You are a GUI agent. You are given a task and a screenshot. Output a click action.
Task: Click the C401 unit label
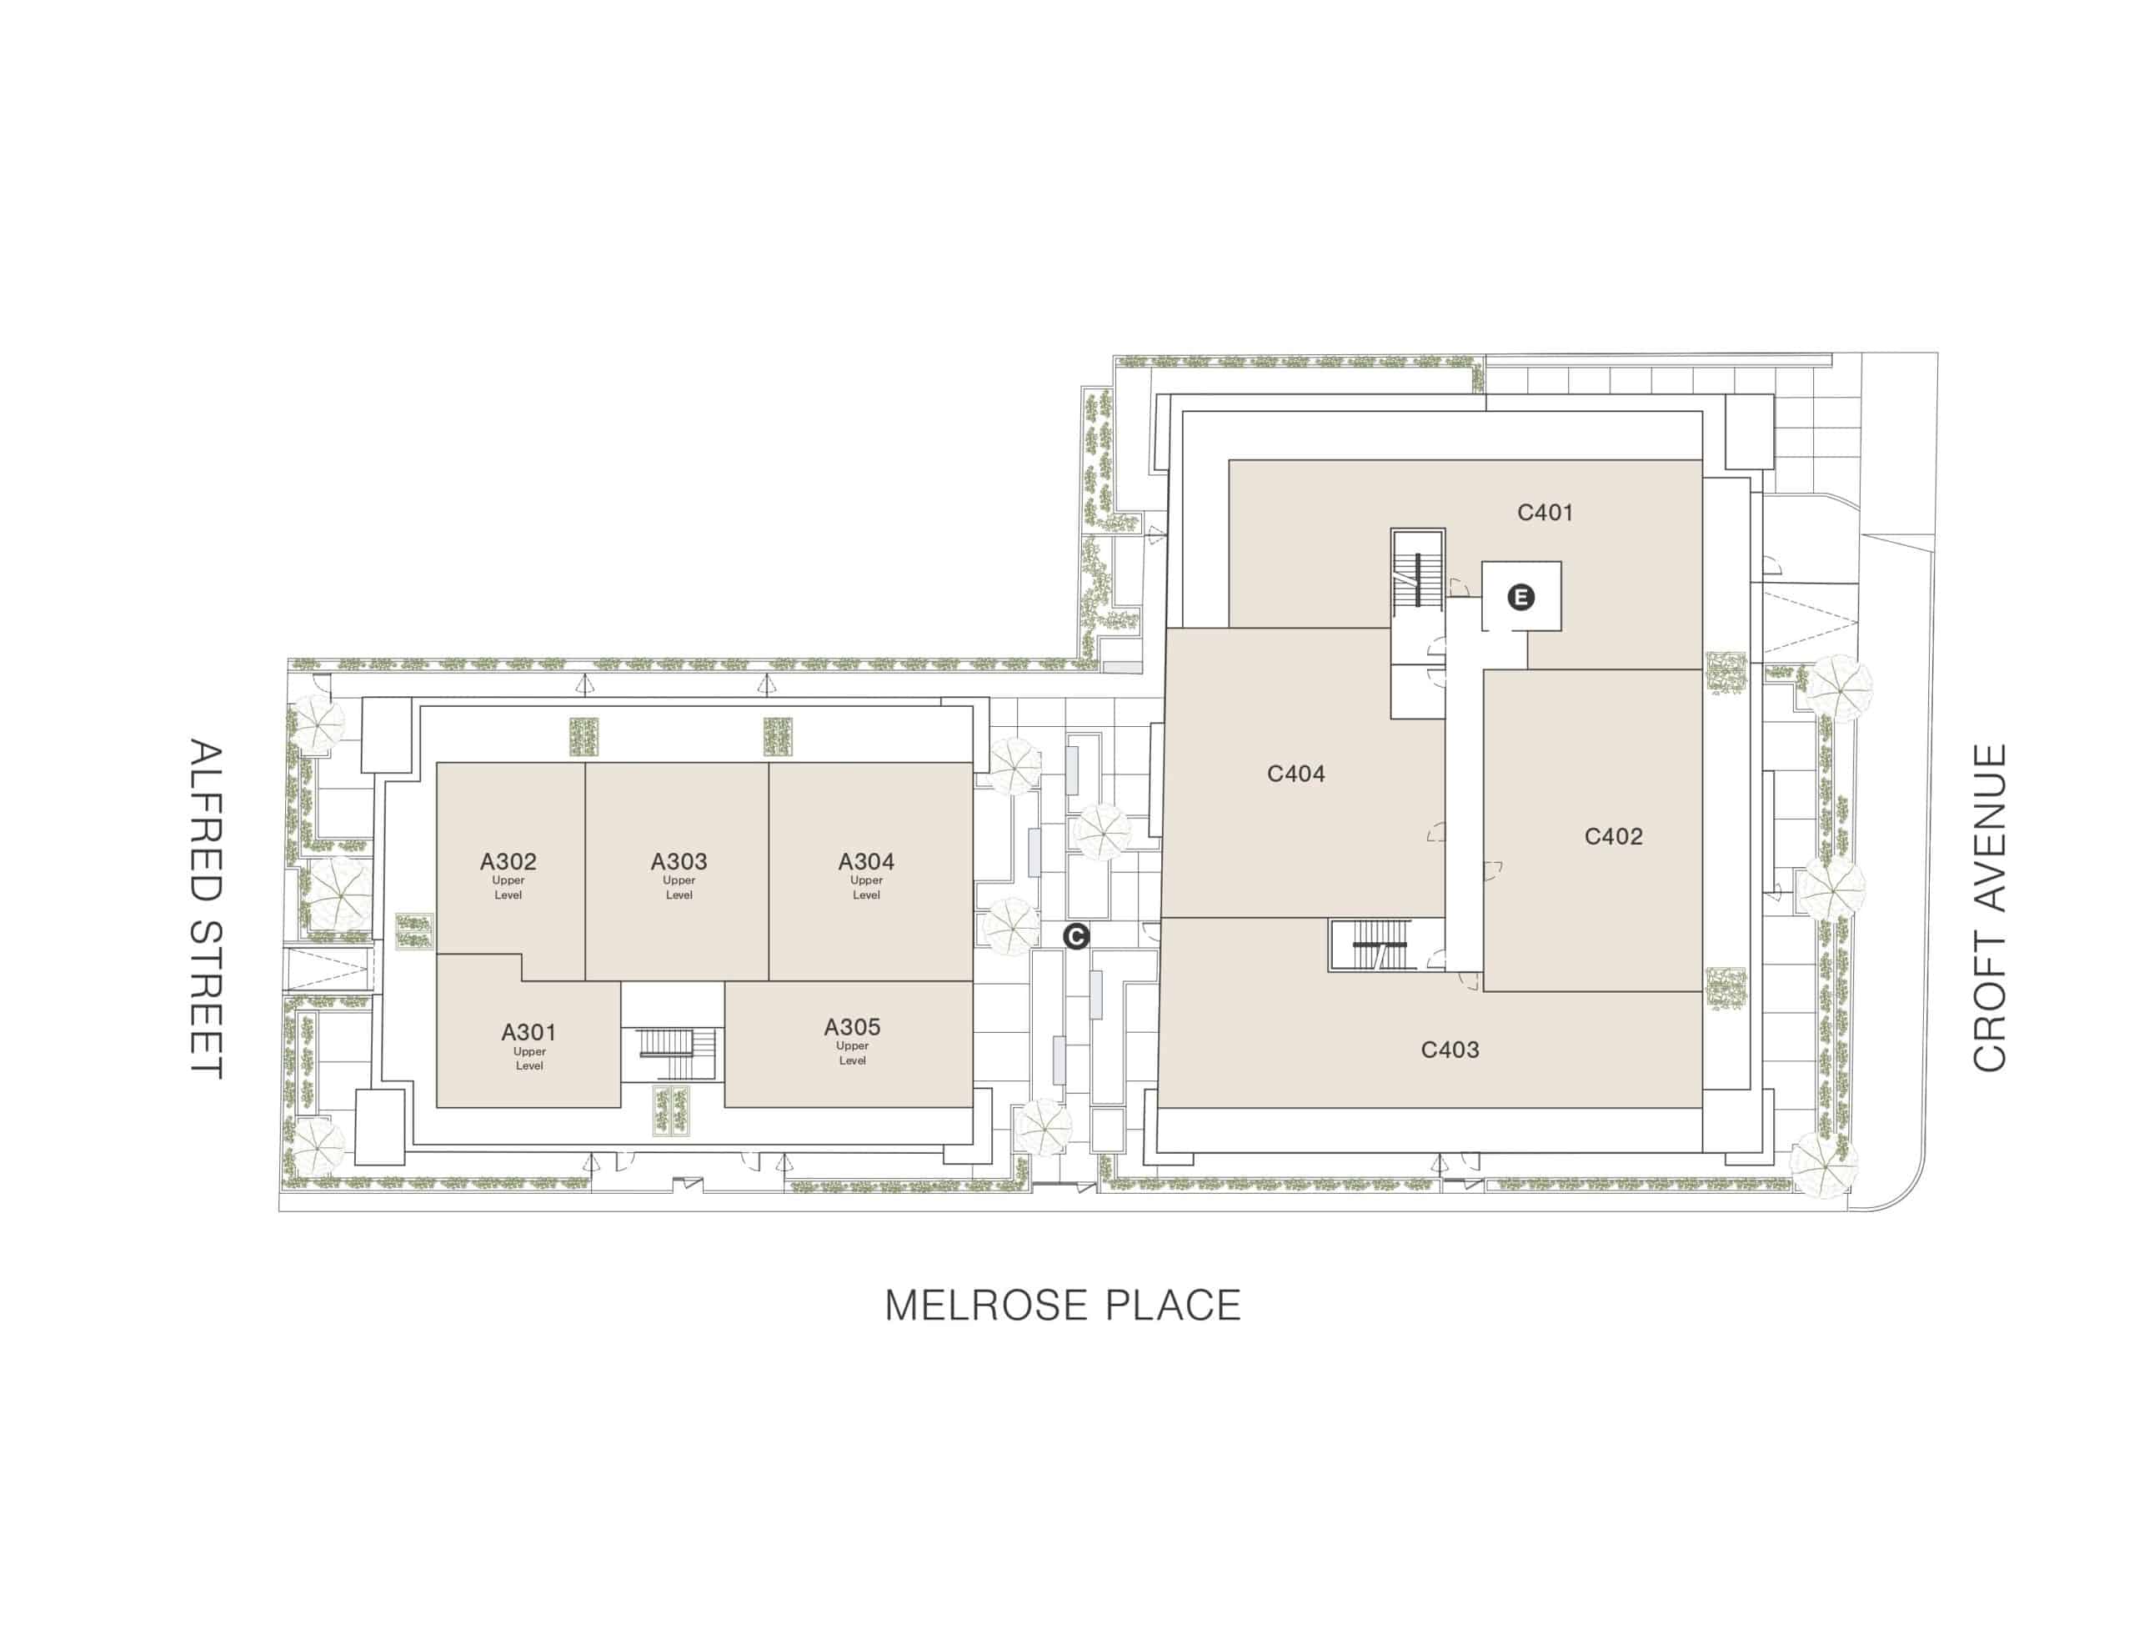click(1545, 512)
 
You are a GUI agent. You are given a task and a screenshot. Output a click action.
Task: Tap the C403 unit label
click(1449, 1050)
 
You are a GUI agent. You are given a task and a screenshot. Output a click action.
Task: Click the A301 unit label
click(528, 1032)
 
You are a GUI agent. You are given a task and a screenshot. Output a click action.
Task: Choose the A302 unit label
click(508, 861)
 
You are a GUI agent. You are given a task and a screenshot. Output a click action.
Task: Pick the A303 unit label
click(679, 861)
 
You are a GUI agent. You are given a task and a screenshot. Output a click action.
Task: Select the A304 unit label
click(866, 861)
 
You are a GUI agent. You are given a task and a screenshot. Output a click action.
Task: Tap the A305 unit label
click(852, 1026)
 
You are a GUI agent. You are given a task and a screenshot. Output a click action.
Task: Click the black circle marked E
click(1520, 596)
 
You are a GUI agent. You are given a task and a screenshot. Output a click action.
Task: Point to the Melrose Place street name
click(1063, 1306)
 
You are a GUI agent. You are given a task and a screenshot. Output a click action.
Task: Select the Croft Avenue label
click(1990, 907)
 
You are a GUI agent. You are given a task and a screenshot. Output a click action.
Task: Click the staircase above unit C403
click(1380, 945)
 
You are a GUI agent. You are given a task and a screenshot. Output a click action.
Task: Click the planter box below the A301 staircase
click(672, 1110)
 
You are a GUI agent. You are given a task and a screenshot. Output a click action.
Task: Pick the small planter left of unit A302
click(414, 930)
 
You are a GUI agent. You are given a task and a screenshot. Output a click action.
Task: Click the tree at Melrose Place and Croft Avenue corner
click(1823, 1162)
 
